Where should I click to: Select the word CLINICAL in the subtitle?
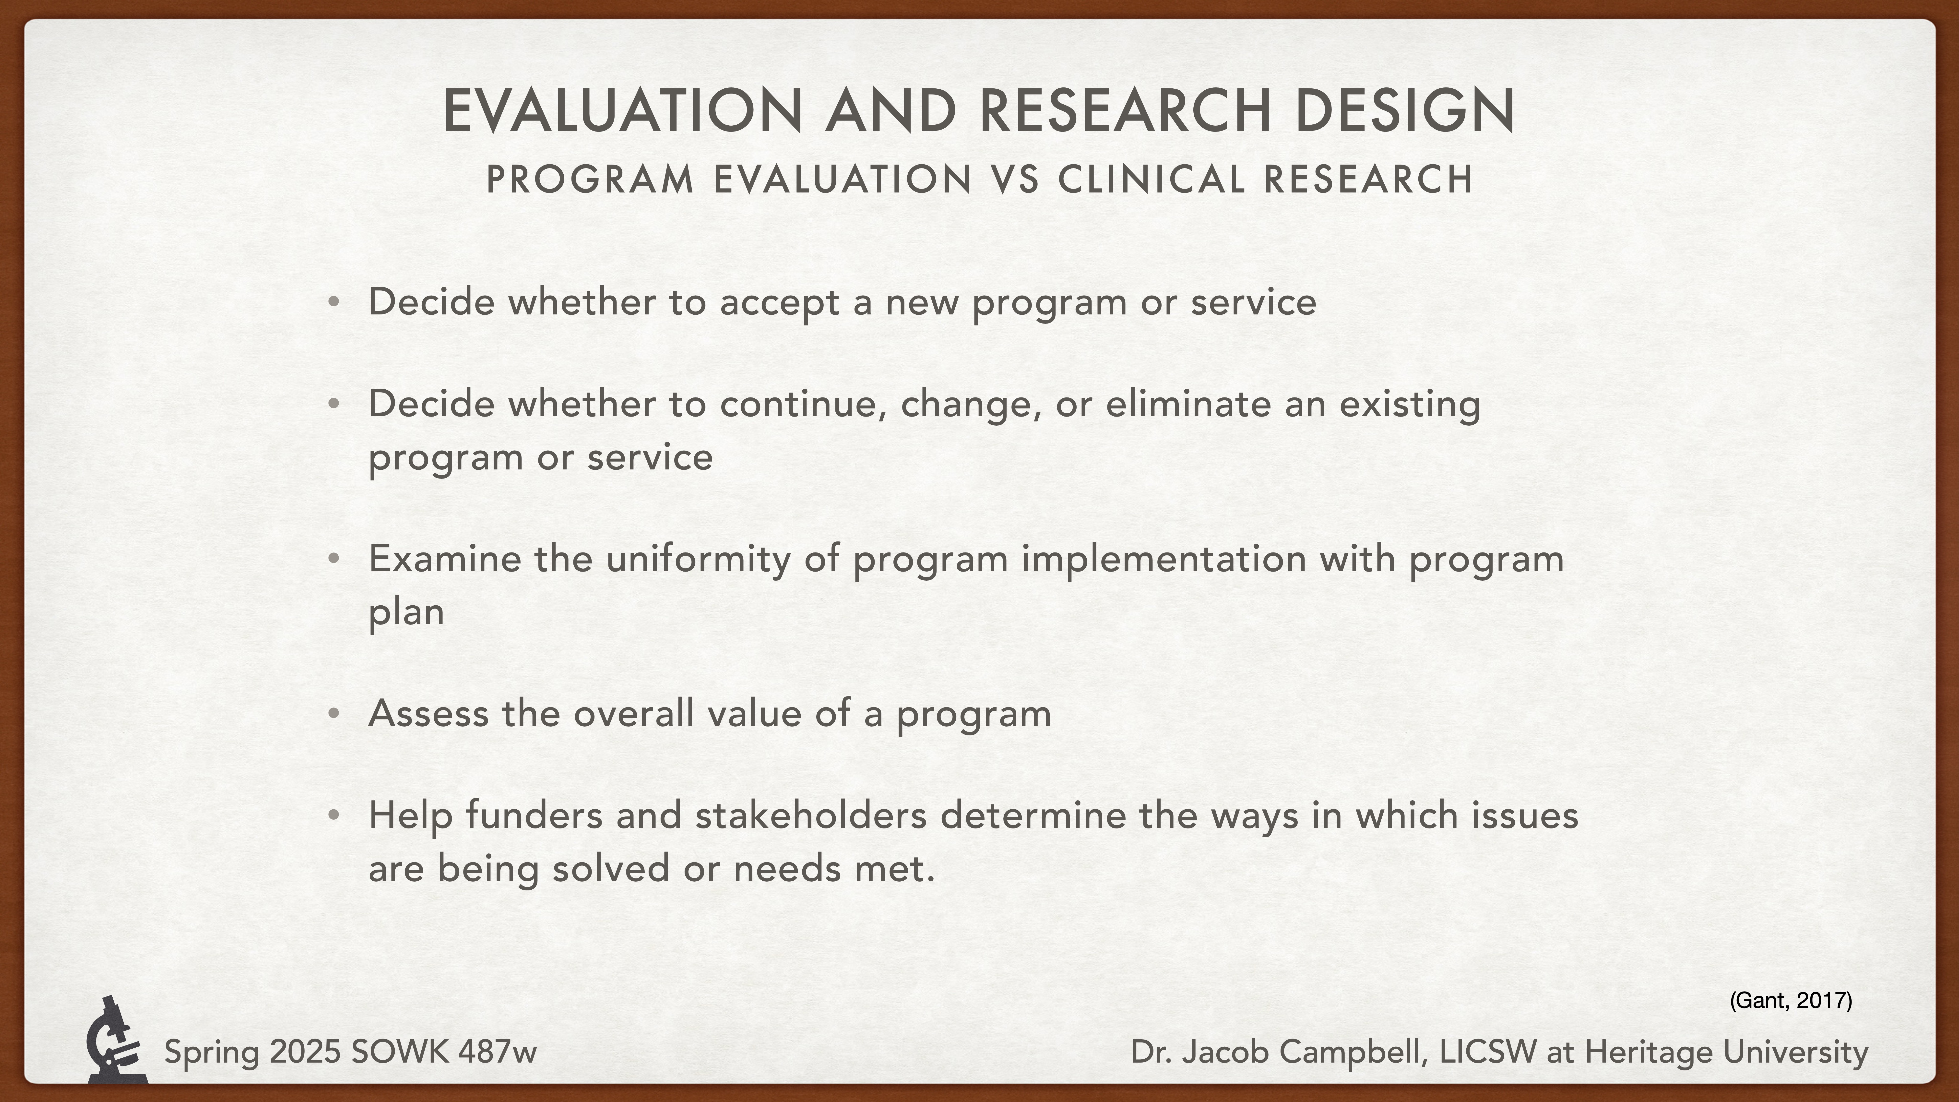click(x=1152, y=180)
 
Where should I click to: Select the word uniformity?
click(x=698, y=560)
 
